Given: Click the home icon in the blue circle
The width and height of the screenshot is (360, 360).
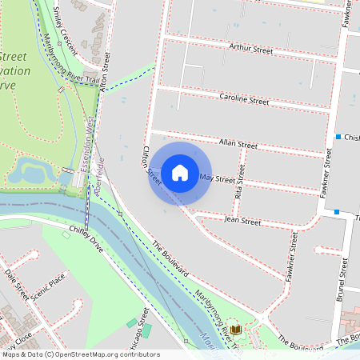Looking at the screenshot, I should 180,173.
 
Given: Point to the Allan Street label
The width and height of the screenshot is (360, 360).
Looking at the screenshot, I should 238,145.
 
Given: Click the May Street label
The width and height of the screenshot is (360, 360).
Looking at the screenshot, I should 217,178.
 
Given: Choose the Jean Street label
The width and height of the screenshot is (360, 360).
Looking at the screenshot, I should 242,220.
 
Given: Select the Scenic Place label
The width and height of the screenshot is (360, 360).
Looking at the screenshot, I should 46,288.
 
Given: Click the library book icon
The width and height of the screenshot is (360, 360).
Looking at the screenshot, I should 235,330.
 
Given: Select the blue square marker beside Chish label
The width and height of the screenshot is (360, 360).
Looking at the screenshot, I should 338,137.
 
